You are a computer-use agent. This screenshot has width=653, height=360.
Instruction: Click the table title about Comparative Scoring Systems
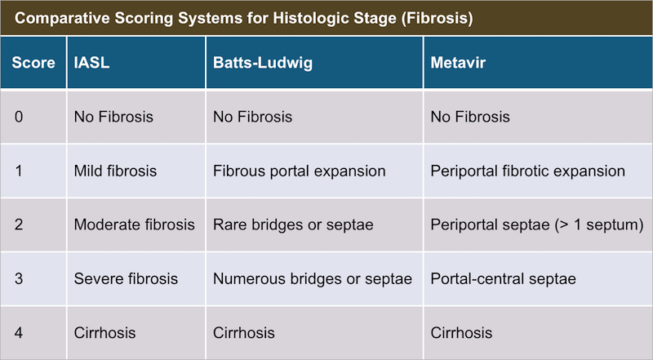[x=243, y=18]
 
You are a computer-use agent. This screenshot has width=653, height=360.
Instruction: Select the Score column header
[x=33, y=63]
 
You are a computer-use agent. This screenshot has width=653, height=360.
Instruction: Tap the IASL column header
[x=91, y=63]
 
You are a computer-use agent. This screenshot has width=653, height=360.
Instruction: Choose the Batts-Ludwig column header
[x=263, y=63]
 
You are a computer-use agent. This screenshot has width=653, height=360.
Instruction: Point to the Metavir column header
[x=458, y=63]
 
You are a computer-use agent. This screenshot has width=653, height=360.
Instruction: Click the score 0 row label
[x=19, y=117]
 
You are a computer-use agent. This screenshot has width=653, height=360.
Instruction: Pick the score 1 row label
[x=19, y=171]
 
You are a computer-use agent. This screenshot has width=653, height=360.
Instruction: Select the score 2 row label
[x=19, y=224]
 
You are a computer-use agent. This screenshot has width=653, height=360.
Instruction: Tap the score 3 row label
[x=19, y=278]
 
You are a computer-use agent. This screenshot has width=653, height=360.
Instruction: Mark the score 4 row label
[x=19, y=333]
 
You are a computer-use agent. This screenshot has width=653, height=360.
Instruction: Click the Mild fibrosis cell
[x=115, y=171]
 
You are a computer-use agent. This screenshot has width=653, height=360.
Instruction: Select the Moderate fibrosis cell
[x=134, y=224]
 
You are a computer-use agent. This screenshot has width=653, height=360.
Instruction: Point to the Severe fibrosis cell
[x=126, y=278]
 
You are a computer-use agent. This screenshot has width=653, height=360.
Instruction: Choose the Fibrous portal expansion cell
[x=299, y=171]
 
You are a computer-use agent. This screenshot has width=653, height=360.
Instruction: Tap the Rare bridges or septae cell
[x=293, y=225]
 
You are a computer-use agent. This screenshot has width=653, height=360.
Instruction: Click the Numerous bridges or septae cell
[x=313, y=279]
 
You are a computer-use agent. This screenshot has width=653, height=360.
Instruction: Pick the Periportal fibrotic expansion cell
[x=527, y=171]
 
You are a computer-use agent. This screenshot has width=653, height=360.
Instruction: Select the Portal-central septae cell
[x=503, y=279]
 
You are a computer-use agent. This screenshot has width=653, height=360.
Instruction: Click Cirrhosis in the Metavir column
[x=461, y=333]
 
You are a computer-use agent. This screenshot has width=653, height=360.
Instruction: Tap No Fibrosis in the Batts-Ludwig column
[x=252, y=117]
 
